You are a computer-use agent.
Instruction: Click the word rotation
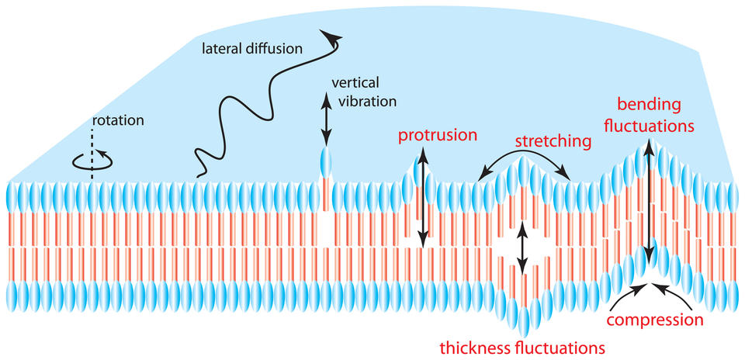117,119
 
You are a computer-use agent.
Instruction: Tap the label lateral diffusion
253,48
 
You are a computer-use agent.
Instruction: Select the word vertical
355,83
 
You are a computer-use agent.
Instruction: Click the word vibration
364,101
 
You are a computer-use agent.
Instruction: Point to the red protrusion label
437,135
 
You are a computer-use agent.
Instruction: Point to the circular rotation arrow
92,161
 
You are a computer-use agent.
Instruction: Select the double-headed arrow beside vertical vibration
326,118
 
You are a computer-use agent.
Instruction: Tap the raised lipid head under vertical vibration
325,162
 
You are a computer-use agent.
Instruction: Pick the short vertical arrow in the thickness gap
522,247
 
